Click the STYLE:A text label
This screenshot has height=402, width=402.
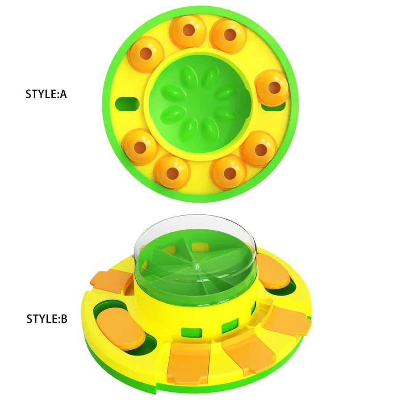46,95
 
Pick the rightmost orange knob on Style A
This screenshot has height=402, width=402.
272,87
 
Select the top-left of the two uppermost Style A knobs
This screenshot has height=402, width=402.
188,31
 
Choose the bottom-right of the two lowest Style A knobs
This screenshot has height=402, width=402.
229,171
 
